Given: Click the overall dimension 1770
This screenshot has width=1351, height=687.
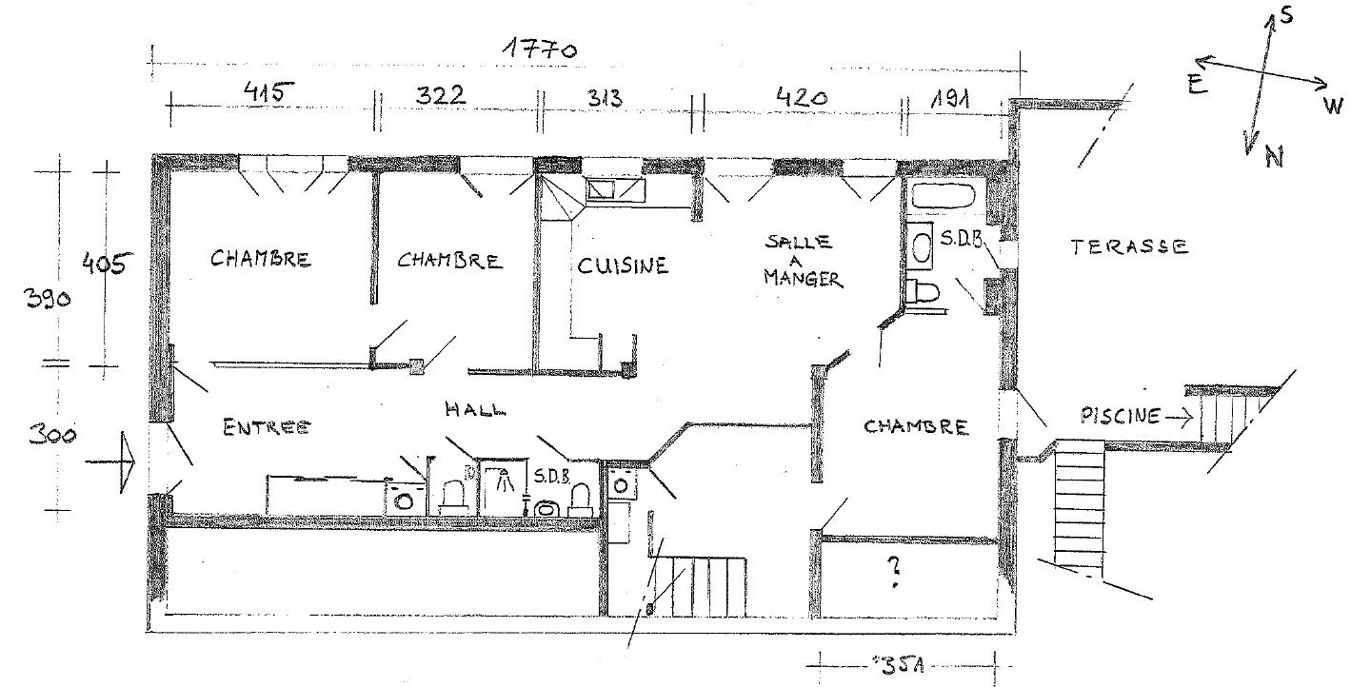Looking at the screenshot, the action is click(x=541, y=49).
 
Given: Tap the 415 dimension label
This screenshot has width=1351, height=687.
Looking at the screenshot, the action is click(x=269, y=93).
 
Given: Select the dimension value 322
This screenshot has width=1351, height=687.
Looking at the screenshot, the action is click(x=440, y=95).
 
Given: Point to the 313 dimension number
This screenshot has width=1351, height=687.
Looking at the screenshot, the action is click(x=605, y=97).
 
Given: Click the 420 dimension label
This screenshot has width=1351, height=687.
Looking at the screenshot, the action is click(x=802, y=96).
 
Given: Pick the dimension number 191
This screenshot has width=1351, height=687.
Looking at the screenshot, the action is click(x=950, y=98).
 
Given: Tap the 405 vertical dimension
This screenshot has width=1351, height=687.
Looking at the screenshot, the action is click(x=107, y=264).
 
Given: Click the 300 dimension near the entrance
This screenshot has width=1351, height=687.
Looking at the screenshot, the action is click(x=52, y=435).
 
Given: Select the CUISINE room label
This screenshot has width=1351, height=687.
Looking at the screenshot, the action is click(x=623, y=265).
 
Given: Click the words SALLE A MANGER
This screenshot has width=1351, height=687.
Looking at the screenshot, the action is click(x=803, y=261).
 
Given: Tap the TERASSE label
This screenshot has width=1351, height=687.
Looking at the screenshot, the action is click(x=1129, y=246).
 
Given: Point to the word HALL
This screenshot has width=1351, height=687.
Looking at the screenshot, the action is click(x=475, y=410).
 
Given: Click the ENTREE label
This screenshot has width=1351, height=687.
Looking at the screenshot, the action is click(x=267, y=427).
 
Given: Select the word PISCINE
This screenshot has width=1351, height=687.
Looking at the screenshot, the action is click(x=1121, y=416).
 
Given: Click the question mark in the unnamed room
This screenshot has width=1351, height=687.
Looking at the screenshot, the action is click(x=894, y=572).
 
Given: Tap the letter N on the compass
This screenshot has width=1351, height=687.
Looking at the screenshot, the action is click(x=1274, y=158).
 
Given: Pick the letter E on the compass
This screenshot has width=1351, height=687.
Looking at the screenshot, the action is click(x=1197, y=85).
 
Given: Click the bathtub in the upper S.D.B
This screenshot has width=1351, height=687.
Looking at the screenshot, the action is click(x=944, y=196).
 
